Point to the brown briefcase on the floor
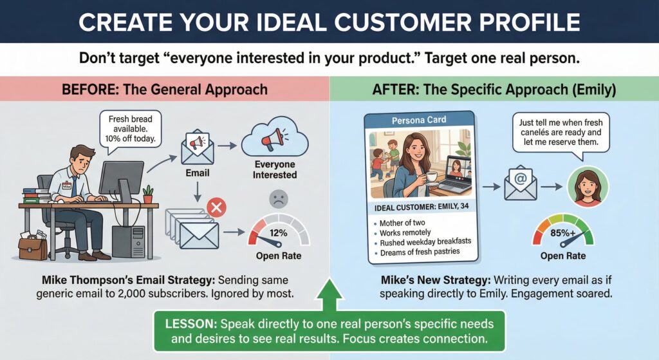point(33,246)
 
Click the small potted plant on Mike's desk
point(149,194)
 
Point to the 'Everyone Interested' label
point(275,169)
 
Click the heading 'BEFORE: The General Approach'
point(165,89)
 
